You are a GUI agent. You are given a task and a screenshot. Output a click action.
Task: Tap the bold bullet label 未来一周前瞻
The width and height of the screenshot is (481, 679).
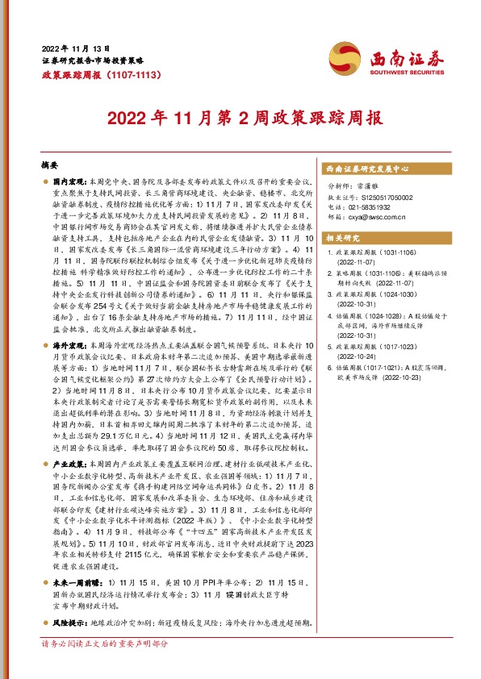coord(73,602)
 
